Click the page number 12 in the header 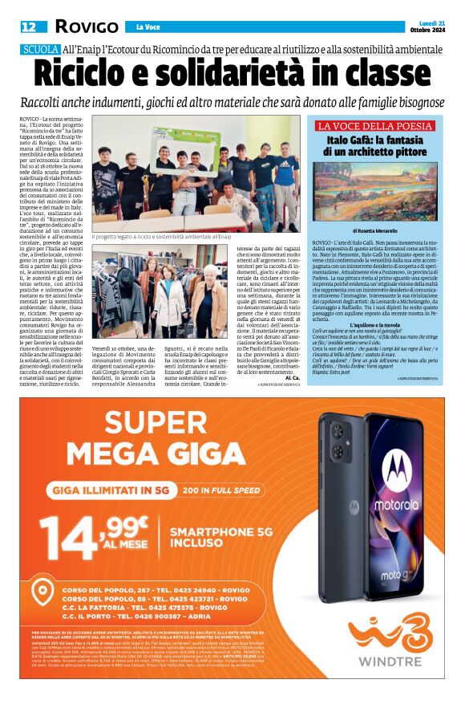point(28,26)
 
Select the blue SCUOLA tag point(40,50)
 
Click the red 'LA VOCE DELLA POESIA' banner point(375,126)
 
